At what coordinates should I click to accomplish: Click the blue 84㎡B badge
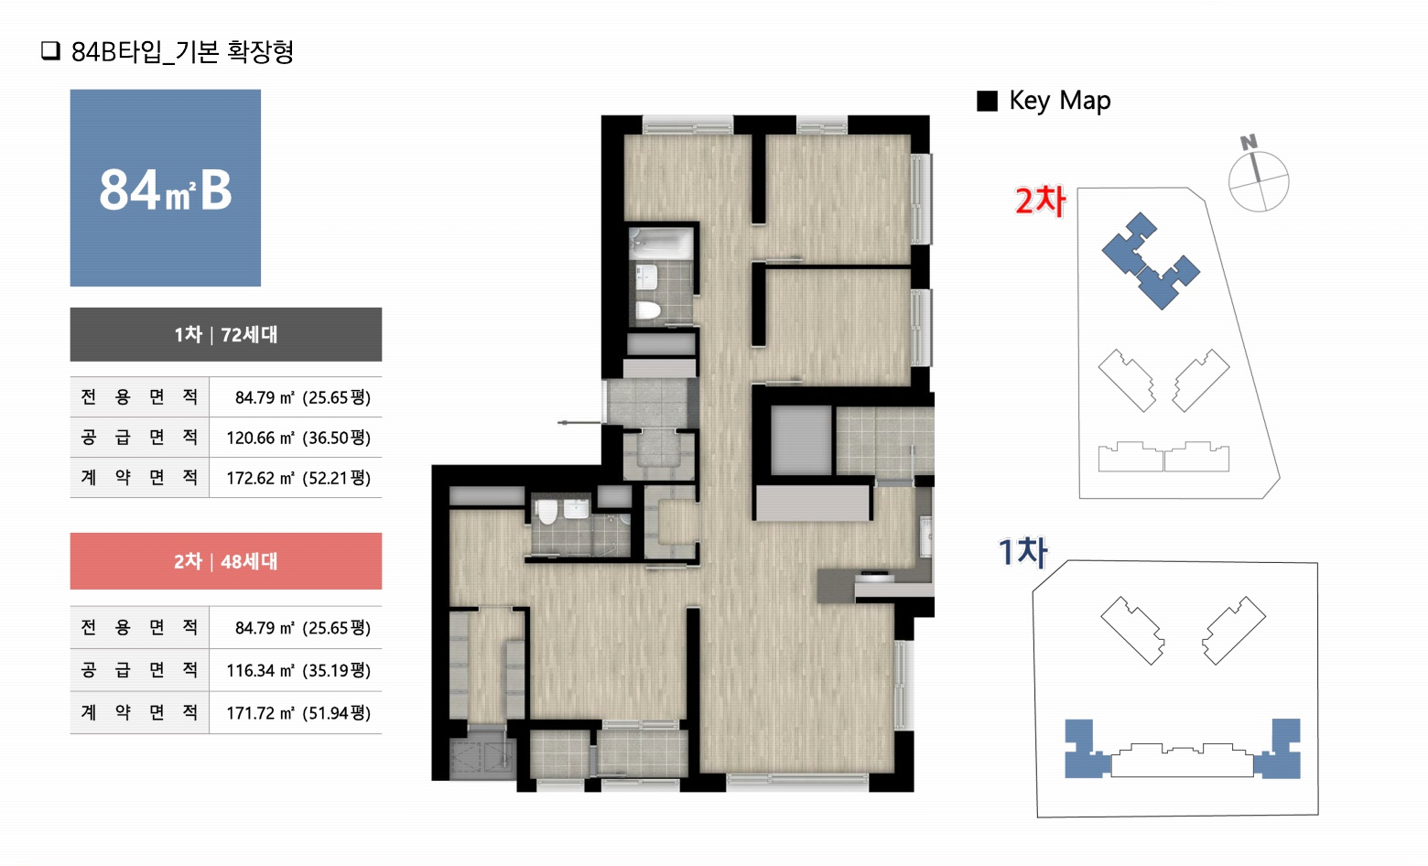[x=165, y=188]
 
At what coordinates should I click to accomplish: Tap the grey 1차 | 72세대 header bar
[x=226, y=334]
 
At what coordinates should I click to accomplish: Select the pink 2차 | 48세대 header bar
[x=226, y=561]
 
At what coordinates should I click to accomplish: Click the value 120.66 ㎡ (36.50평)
[x=298, y=438]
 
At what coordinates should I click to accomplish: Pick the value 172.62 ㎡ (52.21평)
[x=298, y=478]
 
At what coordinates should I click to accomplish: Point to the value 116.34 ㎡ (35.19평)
[x=298, y=670]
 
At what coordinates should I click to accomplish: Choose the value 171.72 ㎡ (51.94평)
[x=298, y=712]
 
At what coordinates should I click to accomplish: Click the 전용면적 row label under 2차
[x=139, y=627]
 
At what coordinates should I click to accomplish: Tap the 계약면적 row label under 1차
[x=139, y=477]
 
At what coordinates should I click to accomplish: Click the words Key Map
[x=1059, y=101]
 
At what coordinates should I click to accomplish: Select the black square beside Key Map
[x=987, y=101]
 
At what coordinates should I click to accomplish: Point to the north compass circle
[x=1259, y=181]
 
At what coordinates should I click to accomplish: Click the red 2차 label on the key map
[x=1041, y=200]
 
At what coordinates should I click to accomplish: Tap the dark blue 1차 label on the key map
[x=1022, y=552]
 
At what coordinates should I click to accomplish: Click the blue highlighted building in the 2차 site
[x=1150, y=262]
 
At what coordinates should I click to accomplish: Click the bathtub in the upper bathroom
[x=661, y=244]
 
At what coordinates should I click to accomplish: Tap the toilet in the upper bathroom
[x=648, y=310]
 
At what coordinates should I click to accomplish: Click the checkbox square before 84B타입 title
[x=50, y=50]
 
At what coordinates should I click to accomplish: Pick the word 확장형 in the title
[x=260, y=51]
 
